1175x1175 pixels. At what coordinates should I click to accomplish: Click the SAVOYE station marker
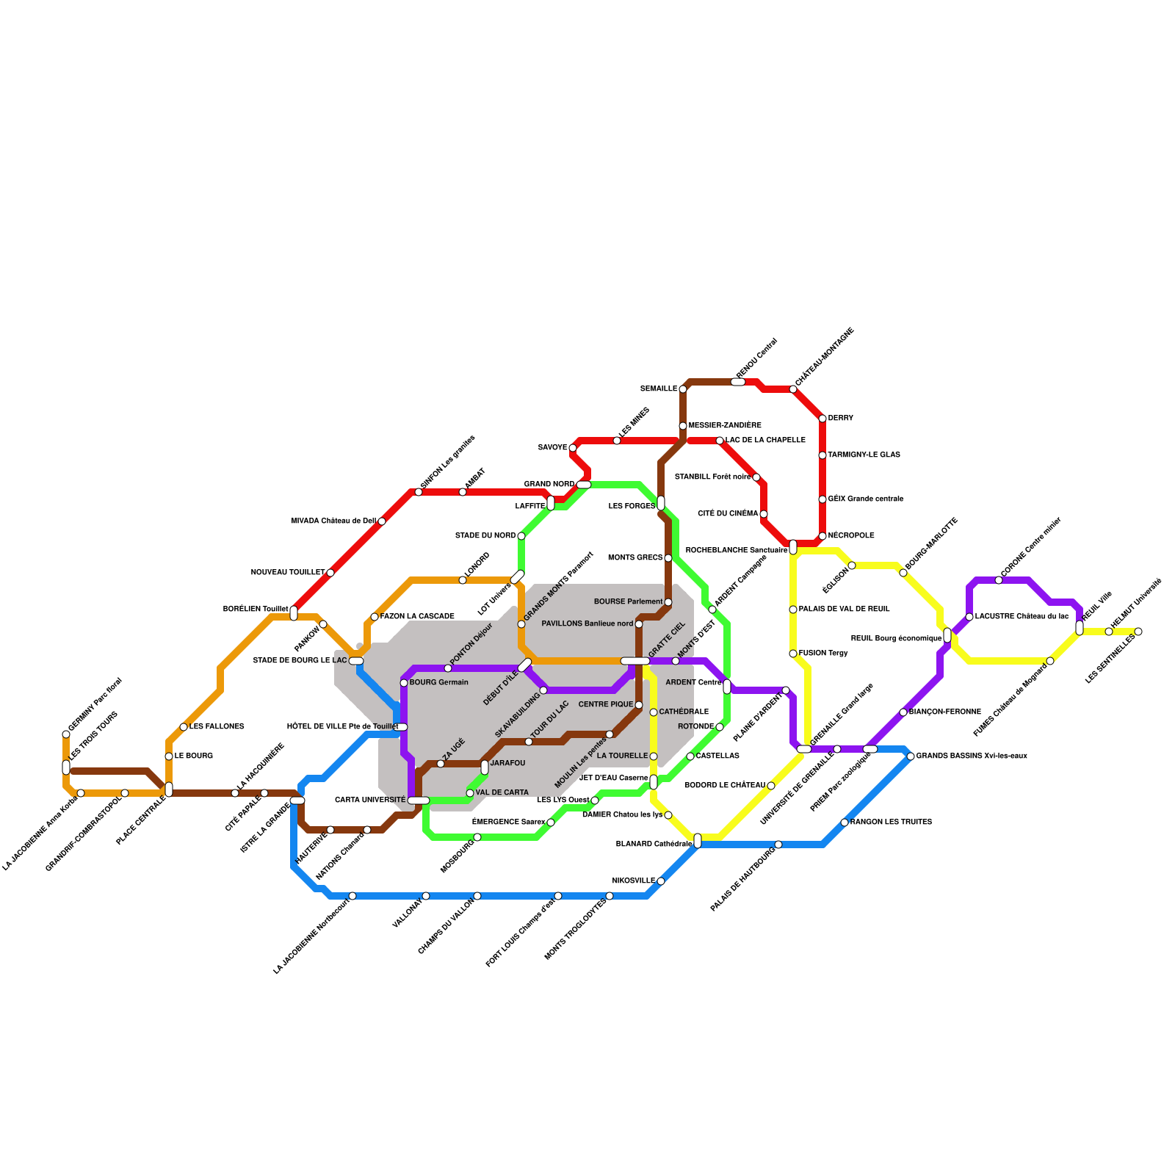tap(573, 448)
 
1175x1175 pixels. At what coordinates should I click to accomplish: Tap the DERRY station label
tap(841, 419)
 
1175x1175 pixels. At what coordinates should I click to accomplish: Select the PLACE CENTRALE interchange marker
tap(169, 789)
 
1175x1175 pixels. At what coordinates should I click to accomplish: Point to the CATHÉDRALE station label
tap(684, 712)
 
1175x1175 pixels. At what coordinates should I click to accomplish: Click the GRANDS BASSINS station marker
tap(911, 756)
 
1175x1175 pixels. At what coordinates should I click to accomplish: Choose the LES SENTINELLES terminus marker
tap(1138, 632)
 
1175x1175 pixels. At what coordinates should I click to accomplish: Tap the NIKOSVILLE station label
tap(634, 881)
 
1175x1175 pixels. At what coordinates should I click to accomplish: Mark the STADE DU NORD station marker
tap(521, 536)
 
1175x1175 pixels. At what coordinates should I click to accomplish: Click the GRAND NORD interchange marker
tap(584, 485)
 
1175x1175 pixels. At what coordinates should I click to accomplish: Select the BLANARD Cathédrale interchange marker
tap(698, 841)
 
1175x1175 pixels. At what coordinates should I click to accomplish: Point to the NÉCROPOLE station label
tap(851, 536)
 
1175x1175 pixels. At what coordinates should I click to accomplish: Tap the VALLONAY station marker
tap(426, 896)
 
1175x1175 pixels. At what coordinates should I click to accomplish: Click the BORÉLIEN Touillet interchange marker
tap(294, 613)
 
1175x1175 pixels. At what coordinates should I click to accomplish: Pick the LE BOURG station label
tap(194, 756)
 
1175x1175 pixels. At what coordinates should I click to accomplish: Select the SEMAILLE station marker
tap(683, 389)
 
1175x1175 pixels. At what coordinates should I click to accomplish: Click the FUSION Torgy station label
tap(823, 654)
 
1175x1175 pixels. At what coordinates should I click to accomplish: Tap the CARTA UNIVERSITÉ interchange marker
tap(419, 800)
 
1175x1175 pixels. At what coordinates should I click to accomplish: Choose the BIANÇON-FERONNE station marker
tap(903, 712)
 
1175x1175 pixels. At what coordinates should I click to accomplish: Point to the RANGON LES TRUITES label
tap(891, 822)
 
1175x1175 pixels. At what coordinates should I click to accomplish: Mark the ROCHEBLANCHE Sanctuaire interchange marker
tap(793, 547)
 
